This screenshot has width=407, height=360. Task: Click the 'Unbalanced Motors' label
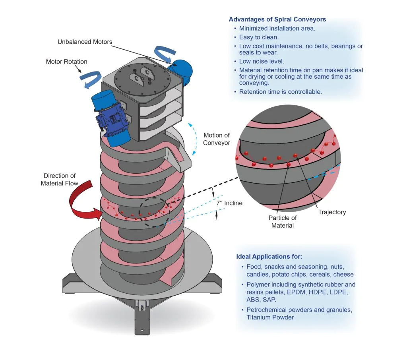pyautogui.click(x=85, y=42)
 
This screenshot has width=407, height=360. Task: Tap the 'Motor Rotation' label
pyautogui.click(x=66, y=62)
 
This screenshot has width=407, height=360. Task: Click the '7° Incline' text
pyautogui.click(x=229, y=203)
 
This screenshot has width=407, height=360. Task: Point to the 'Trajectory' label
pyautogui.click(x=332, y=212)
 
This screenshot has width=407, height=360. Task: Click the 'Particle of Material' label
pyautogui.click(x=282, y=222)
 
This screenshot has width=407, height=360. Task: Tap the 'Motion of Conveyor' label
pyautogui.click(x=216, y=139)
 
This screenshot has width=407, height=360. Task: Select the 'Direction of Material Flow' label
pyautogui.click(x=60, y=179)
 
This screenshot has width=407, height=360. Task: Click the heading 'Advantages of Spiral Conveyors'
pyautogui.click(x=278, y=19)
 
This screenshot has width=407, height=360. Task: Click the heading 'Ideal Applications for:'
pyautogui.click(x=269, y=257)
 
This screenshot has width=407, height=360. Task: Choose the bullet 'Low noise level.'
pyautogui.click(x=261, y=61)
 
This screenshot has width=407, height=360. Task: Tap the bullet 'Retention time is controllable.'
pyautogui.click(x=280, y=92)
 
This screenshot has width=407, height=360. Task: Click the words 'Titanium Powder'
pyautogui.click(x=270, y=317)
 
